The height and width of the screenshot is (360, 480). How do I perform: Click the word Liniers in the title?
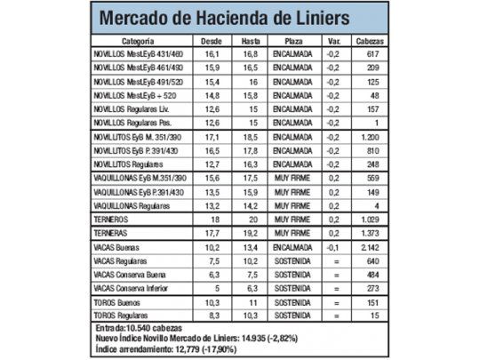tap(332, 18)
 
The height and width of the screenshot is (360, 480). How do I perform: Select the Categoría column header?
tap(138, 42)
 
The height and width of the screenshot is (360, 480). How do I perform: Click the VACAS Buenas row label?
tap(120, 247)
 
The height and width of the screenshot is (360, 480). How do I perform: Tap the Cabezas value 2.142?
tap(371, 247)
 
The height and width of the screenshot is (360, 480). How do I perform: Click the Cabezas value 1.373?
tap(371, 231)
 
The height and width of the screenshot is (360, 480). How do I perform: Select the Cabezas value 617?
tap(371, 54)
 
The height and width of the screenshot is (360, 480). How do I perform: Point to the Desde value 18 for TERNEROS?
tap(212, 217)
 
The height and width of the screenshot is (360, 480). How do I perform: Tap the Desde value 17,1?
tap(212, 139)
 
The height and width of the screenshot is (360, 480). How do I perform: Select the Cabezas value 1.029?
tap(371, 217)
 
